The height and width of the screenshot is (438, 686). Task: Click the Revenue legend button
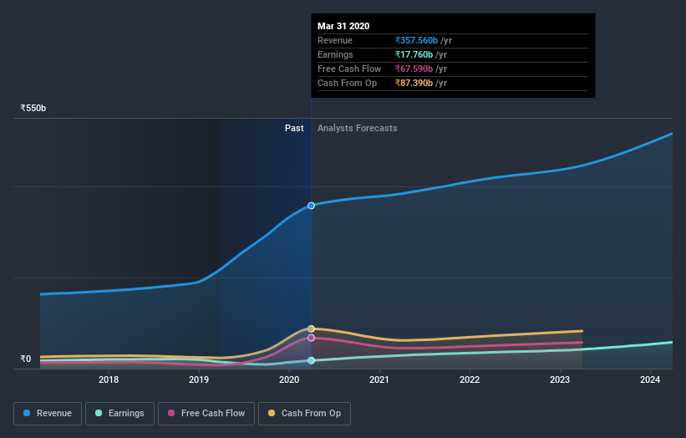47,413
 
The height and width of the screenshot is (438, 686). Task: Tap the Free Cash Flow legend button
206,413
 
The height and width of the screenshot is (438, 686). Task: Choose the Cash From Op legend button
305,413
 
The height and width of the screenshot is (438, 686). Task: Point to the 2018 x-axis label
109,380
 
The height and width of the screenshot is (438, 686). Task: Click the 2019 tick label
199,380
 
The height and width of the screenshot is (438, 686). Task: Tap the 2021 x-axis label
379,380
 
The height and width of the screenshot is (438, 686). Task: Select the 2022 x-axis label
470,380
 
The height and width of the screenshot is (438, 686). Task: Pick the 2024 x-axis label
650,380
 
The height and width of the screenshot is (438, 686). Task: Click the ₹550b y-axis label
33,108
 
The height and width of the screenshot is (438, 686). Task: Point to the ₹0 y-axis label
26,359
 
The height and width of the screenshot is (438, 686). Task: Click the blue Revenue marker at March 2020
311,205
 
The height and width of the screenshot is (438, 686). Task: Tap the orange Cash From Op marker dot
311,328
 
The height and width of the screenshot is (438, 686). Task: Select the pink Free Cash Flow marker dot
311,338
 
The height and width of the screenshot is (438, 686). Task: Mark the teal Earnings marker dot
311,360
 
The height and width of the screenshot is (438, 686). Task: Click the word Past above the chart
294,128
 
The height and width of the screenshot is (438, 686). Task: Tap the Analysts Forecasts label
357,128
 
